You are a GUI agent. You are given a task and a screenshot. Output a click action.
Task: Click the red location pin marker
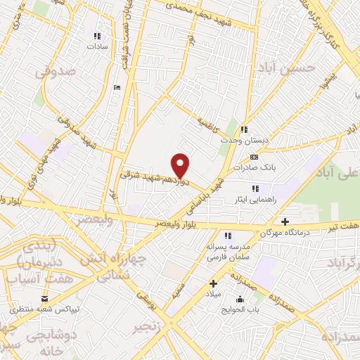coord(181,166)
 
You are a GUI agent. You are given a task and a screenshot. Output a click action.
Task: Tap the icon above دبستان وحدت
coord(244,129)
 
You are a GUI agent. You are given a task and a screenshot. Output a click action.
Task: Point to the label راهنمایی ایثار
coord(255,199)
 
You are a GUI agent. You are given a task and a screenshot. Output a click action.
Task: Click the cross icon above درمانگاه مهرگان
coord(285,221)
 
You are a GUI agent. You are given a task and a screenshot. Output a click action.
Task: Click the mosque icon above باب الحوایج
coord(240,300)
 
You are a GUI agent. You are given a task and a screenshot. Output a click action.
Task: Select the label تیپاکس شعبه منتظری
coord(44,309)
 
